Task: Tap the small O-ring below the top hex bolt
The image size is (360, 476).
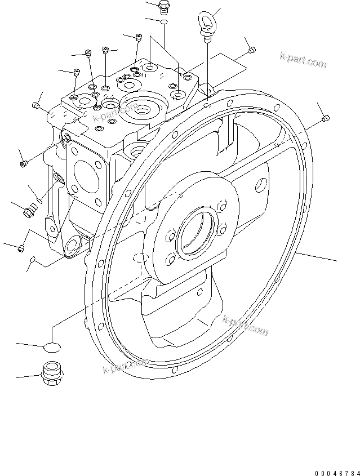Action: point(164,22)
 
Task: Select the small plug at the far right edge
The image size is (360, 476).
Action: point(326,118)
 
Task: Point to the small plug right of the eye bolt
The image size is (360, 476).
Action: point(251,51)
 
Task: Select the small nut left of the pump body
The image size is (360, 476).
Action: point(24,164)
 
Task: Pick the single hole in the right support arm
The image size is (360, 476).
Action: point(261,183)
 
